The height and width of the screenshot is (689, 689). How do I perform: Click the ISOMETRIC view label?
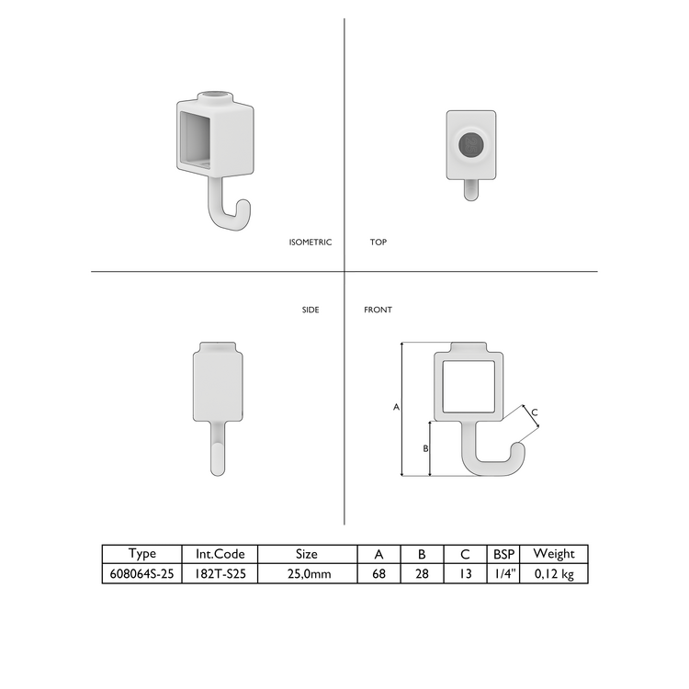311,243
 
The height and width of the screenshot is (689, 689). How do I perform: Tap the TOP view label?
378,243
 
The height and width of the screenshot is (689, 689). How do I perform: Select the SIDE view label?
311,310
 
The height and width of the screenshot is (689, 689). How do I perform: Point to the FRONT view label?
378,310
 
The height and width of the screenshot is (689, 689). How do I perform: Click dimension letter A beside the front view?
396,406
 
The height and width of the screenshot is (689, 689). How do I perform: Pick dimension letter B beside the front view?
424,448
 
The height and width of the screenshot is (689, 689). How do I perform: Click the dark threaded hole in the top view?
471,144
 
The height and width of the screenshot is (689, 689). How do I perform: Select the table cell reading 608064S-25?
142,573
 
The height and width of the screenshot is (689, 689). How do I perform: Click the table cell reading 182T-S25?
220,573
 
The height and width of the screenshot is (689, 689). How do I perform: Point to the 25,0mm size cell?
307,573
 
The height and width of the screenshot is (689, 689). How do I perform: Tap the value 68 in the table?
378,573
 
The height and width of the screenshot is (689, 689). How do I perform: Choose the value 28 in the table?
422,573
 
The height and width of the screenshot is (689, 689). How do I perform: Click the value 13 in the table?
465,573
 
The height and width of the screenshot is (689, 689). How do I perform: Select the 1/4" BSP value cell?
503,573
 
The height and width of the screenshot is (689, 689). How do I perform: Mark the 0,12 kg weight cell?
554,573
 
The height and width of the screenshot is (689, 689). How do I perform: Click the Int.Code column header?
220,554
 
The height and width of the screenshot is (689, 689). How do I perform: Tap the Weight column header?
554,554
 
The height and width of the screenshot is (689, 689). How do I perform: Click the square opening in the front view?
469,386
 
